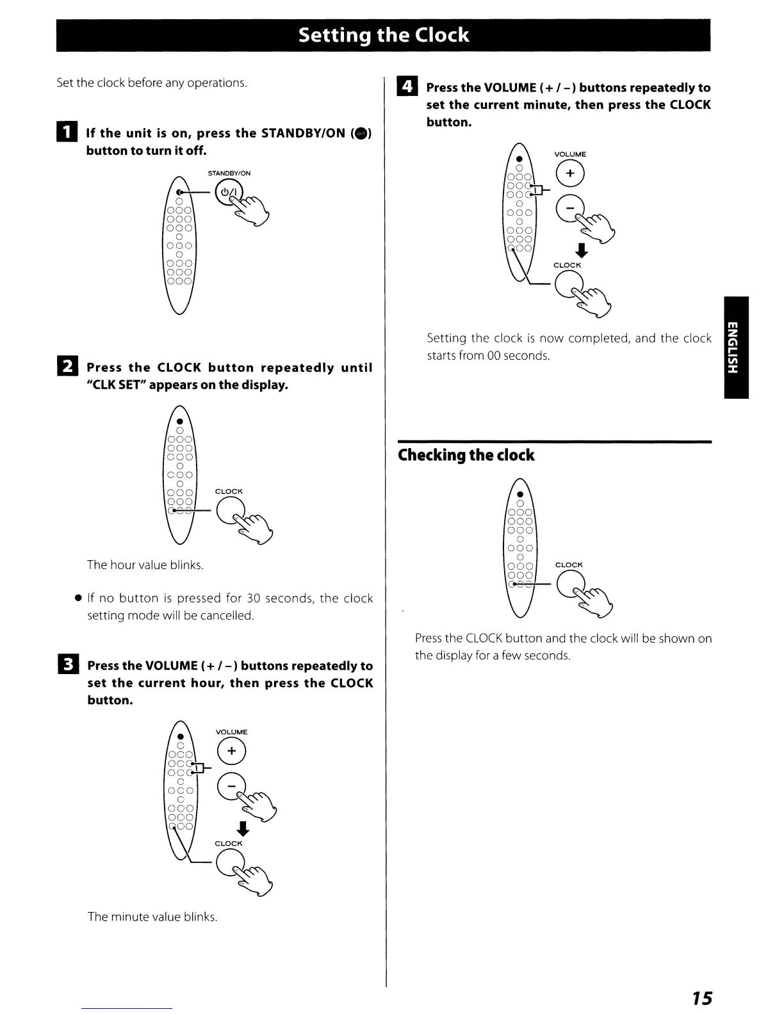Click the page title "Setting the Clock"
click(383, 35)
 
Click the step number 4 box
click(407, 86)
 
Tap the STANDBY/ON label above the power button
click(229, 173)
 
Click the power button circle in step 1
click(229, 193)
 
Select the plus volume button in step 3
click(231, 752)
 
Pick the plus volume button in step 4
click(570, 173)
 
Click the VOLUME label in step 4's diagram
click(570, 154)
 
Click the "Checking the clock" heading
click(466, 455)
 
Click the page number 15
click(701, 998)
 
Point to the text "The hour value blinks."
click(145, 565)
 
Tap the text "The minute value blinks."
click(152, 917)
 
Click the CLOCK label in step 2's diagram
click(229, 492)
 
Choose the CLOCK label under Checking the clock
click(569, 565)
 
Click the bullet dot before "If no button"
click(77, 598)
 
